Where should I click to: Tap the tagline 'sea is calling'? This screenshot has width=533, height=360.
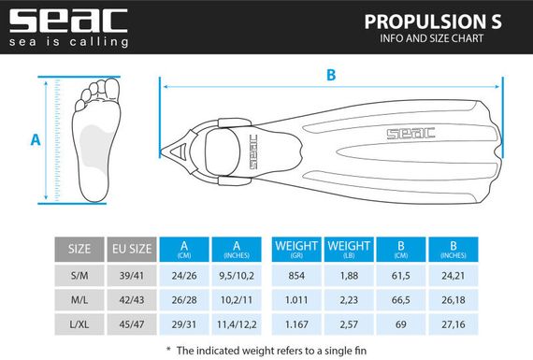(67, 41)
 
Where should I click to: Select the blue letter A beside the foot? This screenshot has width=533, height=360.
(36, 139)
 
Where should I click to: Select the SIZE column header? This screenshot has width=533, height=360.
(79, 249)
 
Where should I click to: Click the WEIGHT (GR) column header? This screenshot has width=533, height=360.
(295, 249)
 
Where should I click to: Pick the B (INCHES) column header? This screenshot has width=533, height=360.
(452, 249)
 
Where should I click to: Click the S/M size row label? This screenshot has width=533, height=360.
(79, 276)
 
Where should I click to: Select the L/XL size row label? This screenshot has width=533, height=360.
(79, 322)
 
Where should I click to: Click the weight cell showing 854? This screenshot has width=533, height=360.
(295, 276)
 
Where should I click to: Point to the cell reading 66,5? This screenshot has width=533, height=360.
(400, 299)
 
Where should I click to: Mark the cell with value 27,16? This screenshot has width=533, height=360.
(452, 322)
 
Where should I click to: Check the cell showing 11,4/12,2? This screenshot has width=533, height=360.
(237, 322)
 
